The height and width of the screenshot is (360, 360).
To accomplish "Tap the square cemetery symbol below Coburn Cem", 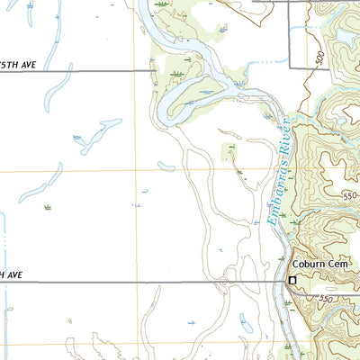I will [292, 281].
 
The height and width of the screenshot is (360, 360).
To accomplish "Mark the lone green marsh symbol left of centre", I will [47, 208].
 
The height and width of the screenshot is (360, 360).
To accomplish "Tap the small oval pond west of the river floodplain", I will [166, 166].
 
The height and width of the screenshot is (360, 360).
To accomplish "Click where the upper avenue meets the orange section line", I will [137, 69].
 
